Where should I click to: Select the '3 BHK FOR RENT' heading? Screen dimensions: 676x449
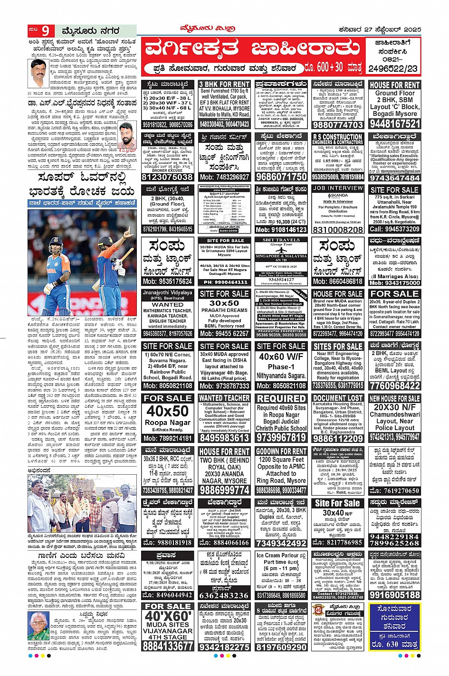pyautogui.click(x=224, y=84)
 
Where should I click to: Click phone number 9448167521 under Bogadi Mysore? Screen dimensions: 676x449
pyautogui.click(x=394, y=124)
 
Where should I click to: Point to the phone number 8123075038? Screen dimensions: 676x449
pyautogui.click(x=168, y=177)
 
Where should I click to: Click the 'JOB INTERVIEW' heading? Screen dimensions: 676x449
pyautogui.click(x=338, y=188)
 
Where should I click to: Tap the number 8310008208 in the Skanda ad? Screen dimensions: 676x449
pyautogui.click(x=338, y=229)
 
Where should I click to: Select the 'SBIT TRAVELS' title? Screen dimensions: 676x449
pyautogui.click(x=281, y=240)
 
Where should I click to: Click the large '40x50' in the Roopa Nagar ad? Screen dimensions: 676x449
pyautogui.click(x=168, y=411)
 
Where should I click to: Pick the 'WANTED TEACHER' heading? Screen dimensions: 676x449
pyautogui.click(x=224, y=398)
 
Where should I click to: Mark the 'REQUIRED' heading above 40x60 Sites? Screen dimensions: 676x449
pyautogui.click(x=281, y=399)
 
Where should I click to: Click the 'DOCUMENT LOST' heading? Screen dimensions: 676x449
pyautogui.click(x=338, y=398)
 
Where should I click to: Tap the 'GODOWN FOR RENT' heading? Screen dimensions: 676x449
pyautogui.click(x=281, y=451)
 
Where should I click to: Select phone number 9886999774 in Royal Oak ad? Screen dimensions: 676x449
pyautogui.click(x=224, y=490)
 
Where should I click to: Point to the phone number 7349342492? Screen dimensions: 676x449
pyautogui.click(x=281, y=543)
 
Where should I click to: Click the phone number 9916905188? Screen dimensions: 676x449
pyautogui.click(x=394, y=595)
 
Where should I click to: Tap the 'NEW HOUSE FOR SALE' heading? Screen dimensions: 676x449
pyautogui.click(x=394, y=398)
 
